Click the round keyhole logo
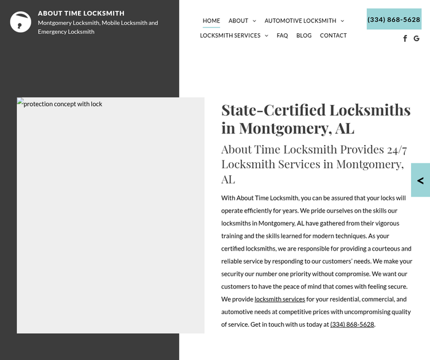[21, 22]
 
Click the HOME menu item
[211, 21]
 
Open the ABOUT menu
[239, 21]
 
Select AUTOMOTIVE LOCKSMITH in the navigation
[300, 21]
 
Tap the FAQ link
[282, 36]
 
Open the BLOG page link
[304, 36]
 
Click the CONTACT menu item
[333, 36]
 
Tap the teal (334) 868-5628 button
[394, 19]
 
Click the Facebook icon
[405, 38]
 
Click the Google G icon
[417, 38]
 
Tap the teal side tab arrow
[421, 181]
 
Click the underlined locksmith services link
[280, 299]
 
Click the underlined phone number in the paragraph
[352, 324]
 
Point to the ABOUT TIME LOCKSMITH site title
[81, 13]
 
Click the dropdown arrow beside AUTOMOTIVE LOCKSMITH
[342, 21]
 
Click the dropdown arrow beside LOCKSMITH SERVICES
[267, 36]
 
